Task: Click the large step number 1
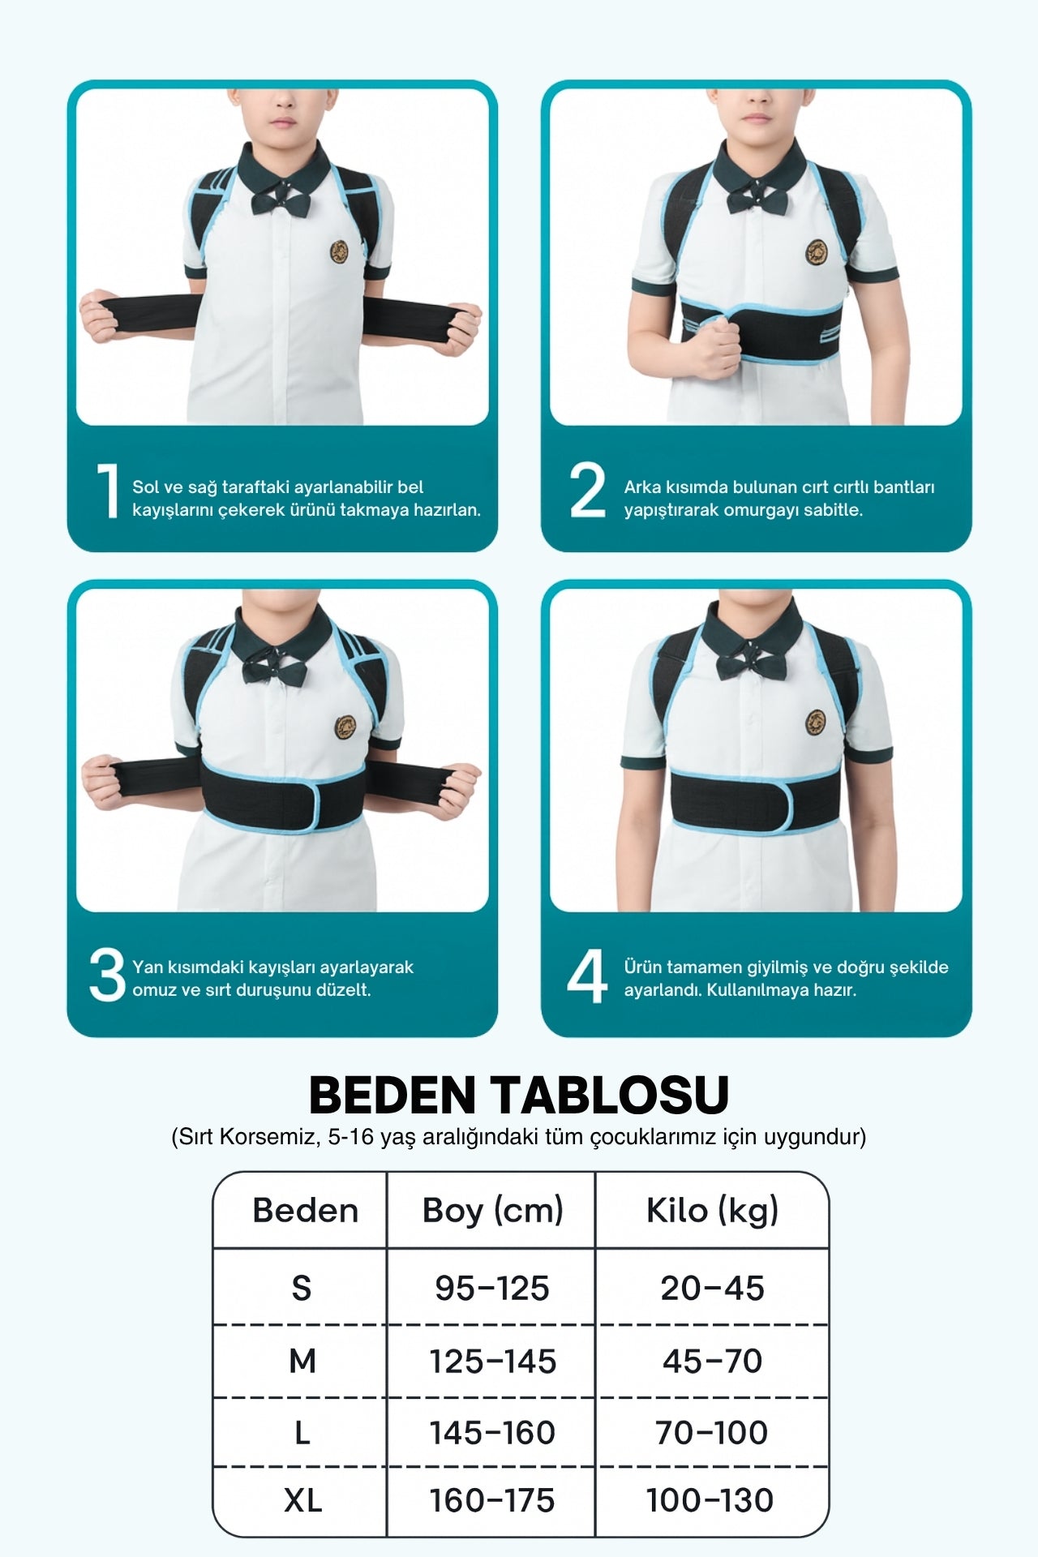tap(107, 490)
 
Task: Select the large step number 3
tap(107, 975)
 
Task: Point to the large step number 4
tap(587, 976)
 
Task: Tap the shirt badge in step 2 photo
tap(816, 253)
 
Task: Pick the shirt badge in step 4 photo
tap(816, 720)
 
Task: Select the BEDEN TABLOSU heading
tap(519, 1095)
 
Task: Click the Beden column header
tap(305, 1210)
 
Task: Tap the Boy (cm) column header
tap(492, 1211)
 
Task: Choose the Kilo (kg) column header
tap(712, 1211)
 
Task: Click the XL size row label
tap(302, 1501)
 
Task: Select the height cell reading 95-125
tap(492, 1288)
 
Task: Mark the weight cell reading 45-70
tap(712, 1361)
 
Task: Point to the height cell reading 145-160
tap(492, 1433)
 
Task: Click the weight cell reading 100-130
tap(710, 1501)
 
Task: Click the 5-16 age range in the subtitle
tap(351, 1137)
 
